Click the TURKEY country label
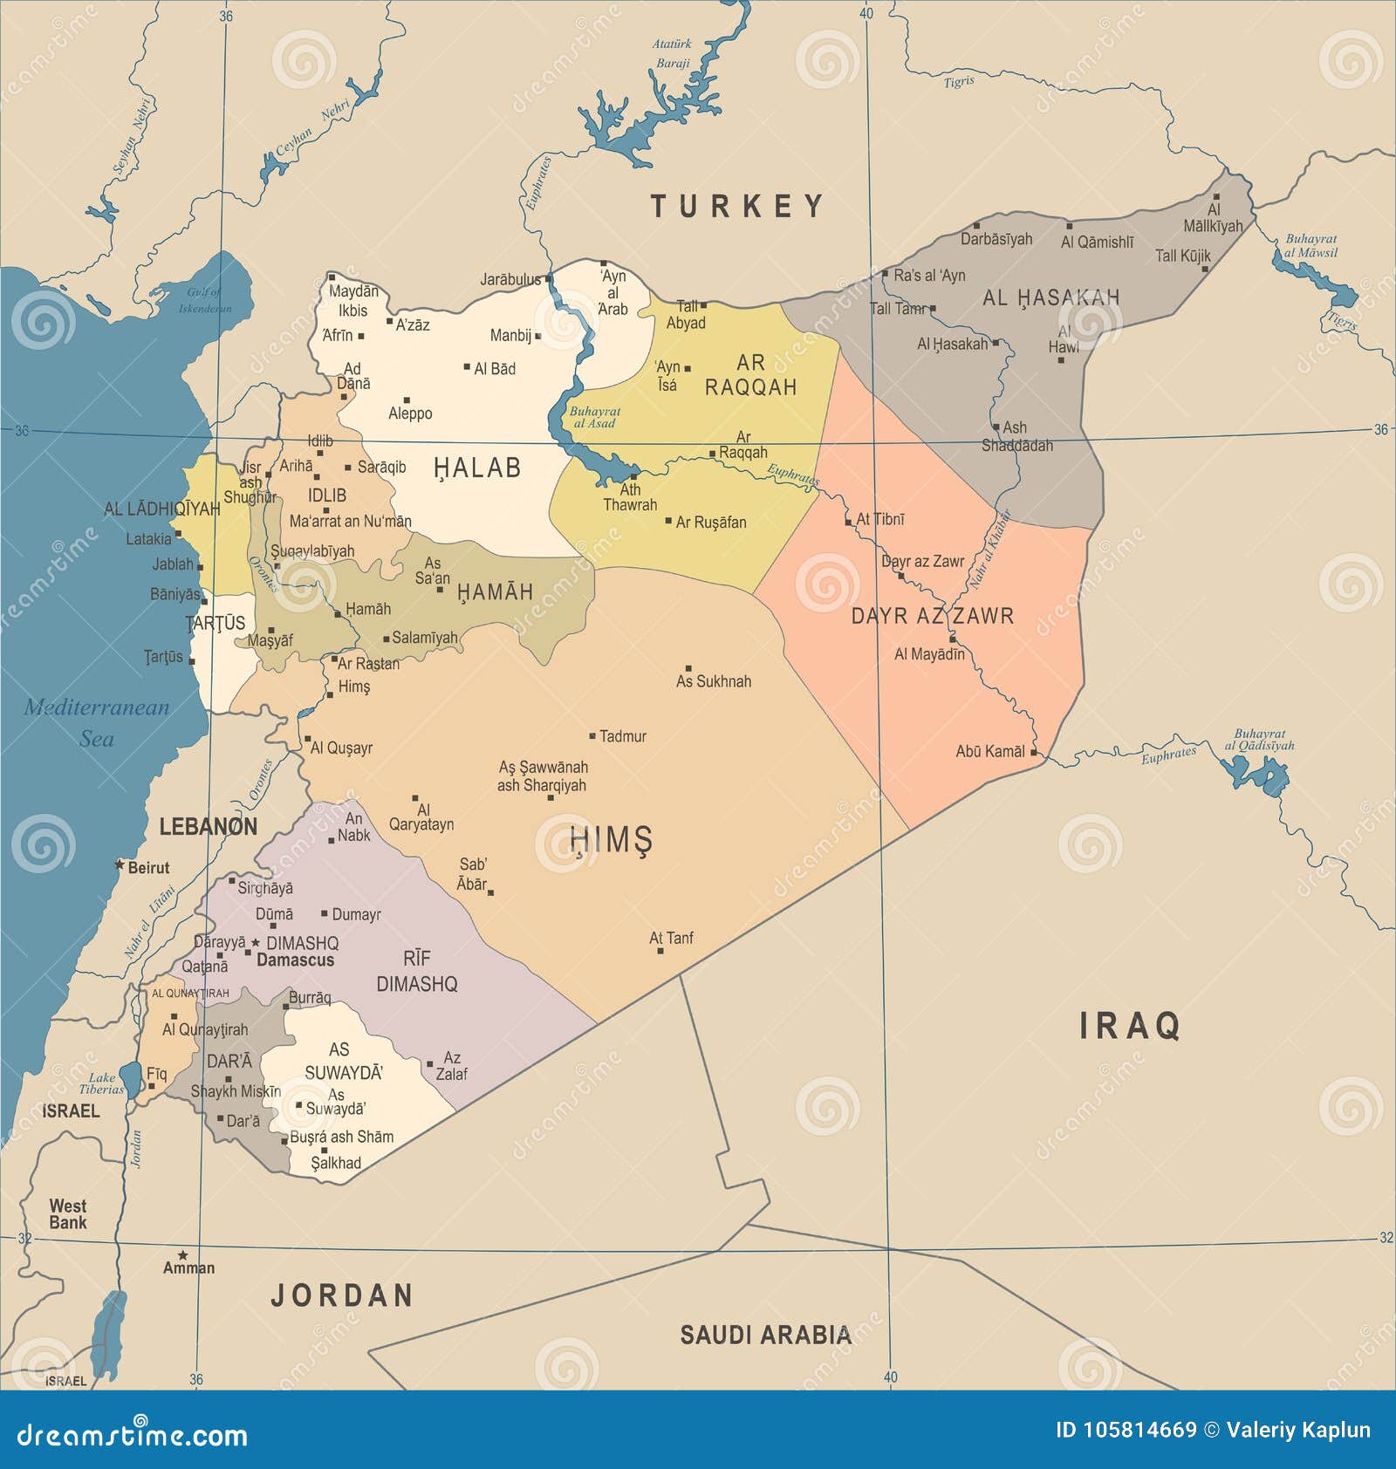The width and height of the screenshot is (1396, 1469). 737,207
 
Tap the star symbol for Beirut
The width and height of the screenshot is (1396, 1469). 120,865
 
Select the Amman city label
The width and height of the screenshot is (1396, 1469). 188,1267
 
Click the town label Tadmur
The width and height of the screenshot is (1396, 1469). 623,736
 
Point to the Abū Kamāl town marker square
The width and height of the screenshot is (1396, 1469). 1034,751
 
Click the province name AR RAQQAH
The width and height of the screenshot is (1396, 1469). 750,375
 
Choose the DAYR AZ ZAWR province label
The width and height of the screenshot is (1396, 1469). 932,616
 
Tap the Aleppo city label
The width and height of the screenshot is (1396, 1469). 410,413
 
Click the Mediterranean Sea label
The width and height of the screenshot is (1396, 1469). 96,722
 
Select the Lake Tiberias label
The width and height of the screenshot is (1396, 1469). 101,1083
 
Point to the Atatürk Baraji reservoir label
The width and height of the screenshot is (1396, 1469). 672,53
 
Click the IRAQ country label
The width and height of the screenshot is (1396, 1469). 1130,1026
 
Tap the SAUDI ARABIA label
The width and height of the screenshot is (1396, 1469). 765,1335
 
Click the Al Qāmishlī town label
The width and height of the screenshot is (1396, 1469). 1097,243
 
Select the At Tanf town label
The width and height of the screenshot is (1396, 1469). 671,938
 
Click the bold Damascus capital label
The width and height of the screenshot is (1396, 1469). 295,960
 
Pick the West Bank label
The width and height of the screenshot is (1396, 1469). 67,1213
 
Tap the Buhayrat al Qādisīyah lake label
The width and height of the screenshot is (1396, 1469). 1259,740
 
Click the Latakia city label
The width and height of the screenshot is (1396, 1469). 148,539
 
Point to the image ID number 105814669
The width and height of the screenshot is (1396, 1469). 1139,1430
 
